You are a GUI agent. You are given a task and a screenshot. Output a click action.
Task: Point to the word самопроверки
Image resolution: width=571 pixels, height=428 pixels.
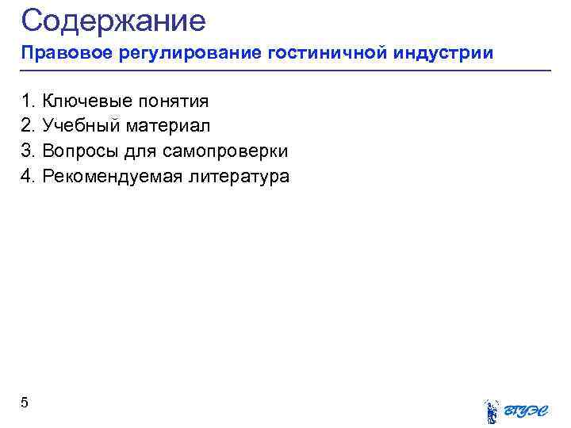click(229, 151)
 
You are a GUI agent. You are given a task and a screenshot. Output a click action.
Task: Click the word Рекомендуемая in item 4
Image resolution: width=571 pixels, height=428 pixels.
click(112, 176)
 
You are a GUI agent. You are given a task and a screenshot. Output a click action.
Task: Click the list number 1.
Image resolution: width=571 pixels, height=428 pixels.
click(27, 101)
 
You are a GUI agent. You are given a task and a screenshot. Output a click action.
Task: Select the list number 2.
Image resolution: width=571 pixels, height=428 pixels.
click(27, 125)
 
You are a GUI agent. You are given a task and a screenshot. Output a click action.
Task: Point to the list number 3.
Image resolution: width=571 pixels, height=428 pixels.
click(27, 151)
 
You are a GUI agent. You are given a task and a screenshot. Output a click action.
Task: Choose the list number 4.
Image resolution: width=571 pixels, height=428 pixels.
click(27, 176)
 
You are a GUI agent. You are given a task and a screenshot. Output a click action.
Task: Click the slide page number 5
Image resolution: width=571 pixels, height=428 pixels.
click(25, 403)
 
